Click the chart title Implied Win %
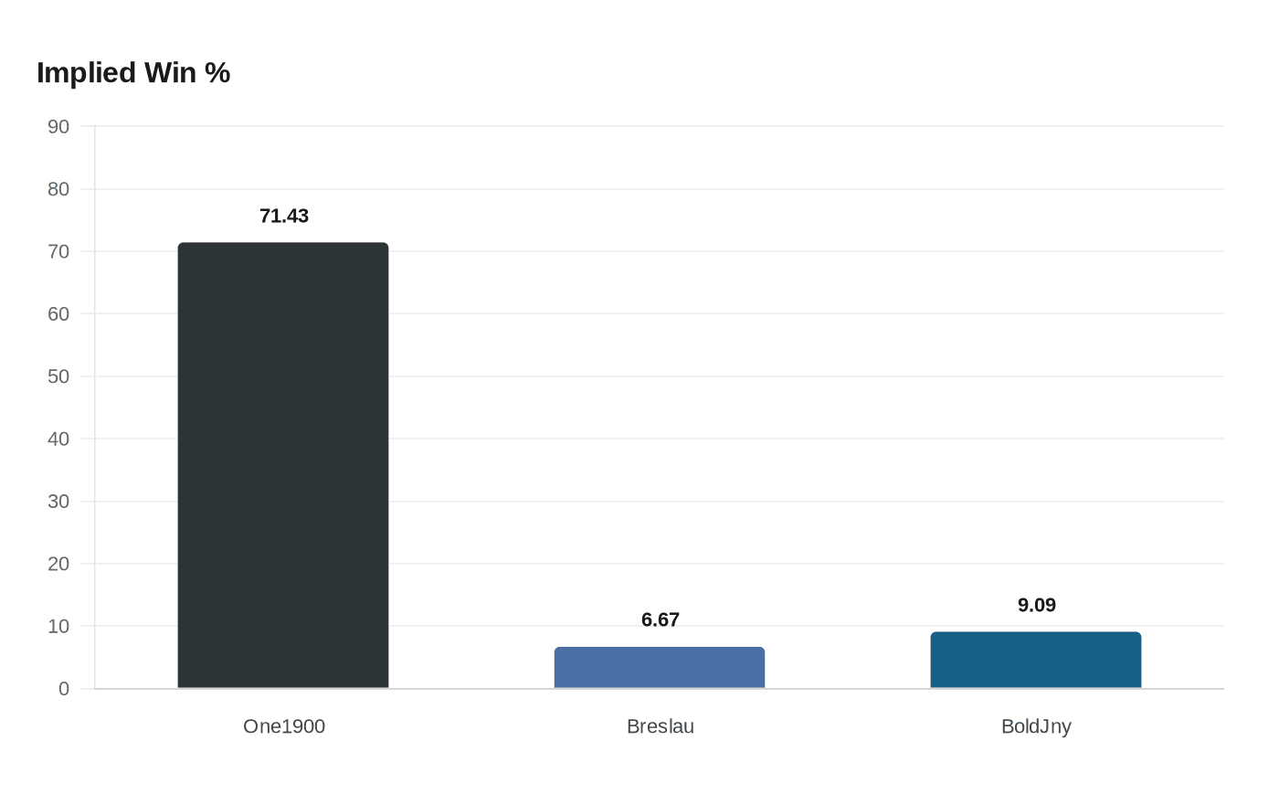click(133, 73)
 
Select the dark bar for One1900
click(283, 465)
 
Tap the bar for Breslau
click(660, 668)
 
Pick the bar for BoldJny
click(1036, 660)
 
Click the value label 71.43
click(284, 217)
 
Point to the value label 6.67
click(661, 620)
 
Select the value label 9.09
click(1037, 606)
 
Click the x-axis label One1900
click(284, 726)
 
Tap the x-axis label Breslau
click(661, 726)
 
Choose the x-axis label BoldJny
click(1036, 726)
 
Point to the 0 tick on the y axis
click(64, 689)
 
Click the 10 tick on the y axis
click(58, 627)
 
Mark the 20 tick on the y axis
click(58, 564)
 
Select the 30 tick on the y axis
click(58, 502)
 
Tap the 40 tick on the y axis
click(58, 439)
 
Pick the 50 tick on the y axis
click(58, 376)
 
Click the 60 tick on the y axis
click(58, 314)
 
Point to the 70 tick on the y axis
click(58, 251)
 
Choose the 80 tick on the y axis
click(58, 189)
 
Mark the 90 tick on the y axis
click(58, 127)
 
